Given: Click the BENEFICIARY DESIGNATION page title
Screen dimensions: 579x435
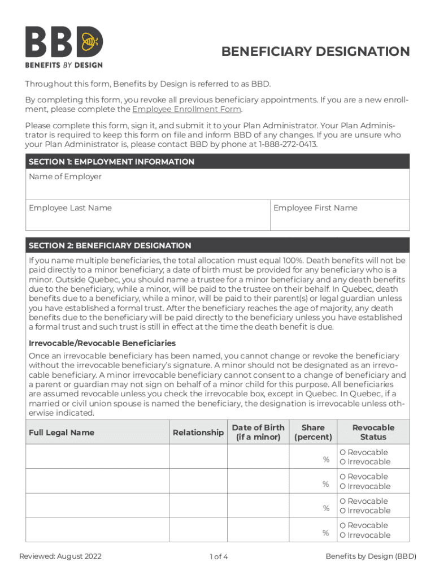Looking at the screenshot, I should point(315,52).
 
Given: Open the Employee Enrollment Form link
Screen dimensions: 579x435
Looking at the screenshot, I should point(186,109).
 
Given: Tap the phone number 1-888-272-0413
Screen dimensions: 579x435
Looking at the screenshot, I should point(288,144).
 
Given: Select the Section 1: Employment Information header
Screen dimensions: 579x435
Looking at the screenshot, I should point(111,162).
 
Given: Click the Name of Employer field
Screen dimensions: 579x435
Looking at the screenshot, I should point(217,184).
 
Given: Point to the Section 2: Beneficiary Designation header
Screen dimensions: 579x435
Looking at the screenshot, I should point(110,246).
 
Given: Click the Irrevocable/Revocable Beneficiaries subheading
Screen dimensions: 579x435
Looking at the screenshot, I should point(102,343).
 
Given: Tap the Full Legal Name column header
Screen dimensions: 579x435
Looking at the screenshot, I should point(62,433).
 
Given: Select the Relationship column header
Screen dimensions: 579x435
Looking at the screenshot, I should point(198,433).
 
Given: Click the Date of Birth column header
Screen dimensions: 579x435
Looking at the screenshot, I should point(258,432).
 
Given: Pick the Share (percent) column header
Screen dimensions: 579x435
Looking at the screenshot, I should point(313,432).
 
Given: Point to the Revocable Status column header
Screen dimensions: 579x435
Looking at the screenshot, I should point(373,432).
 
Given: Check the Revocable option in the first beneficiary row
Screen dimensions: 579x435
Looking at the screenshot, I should point(342,452).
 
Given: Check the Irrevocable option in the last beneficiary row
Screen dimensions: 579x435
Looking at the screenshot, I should point(342,535).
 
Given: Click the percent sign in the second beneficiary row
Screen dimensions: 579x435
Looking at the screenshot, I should point(326,484).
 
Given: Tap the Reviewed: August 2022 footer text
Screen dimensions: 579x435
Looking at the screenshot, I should point(60,556).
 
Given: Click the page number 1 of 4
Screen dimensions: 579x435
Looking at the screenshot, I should point(218,557).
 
